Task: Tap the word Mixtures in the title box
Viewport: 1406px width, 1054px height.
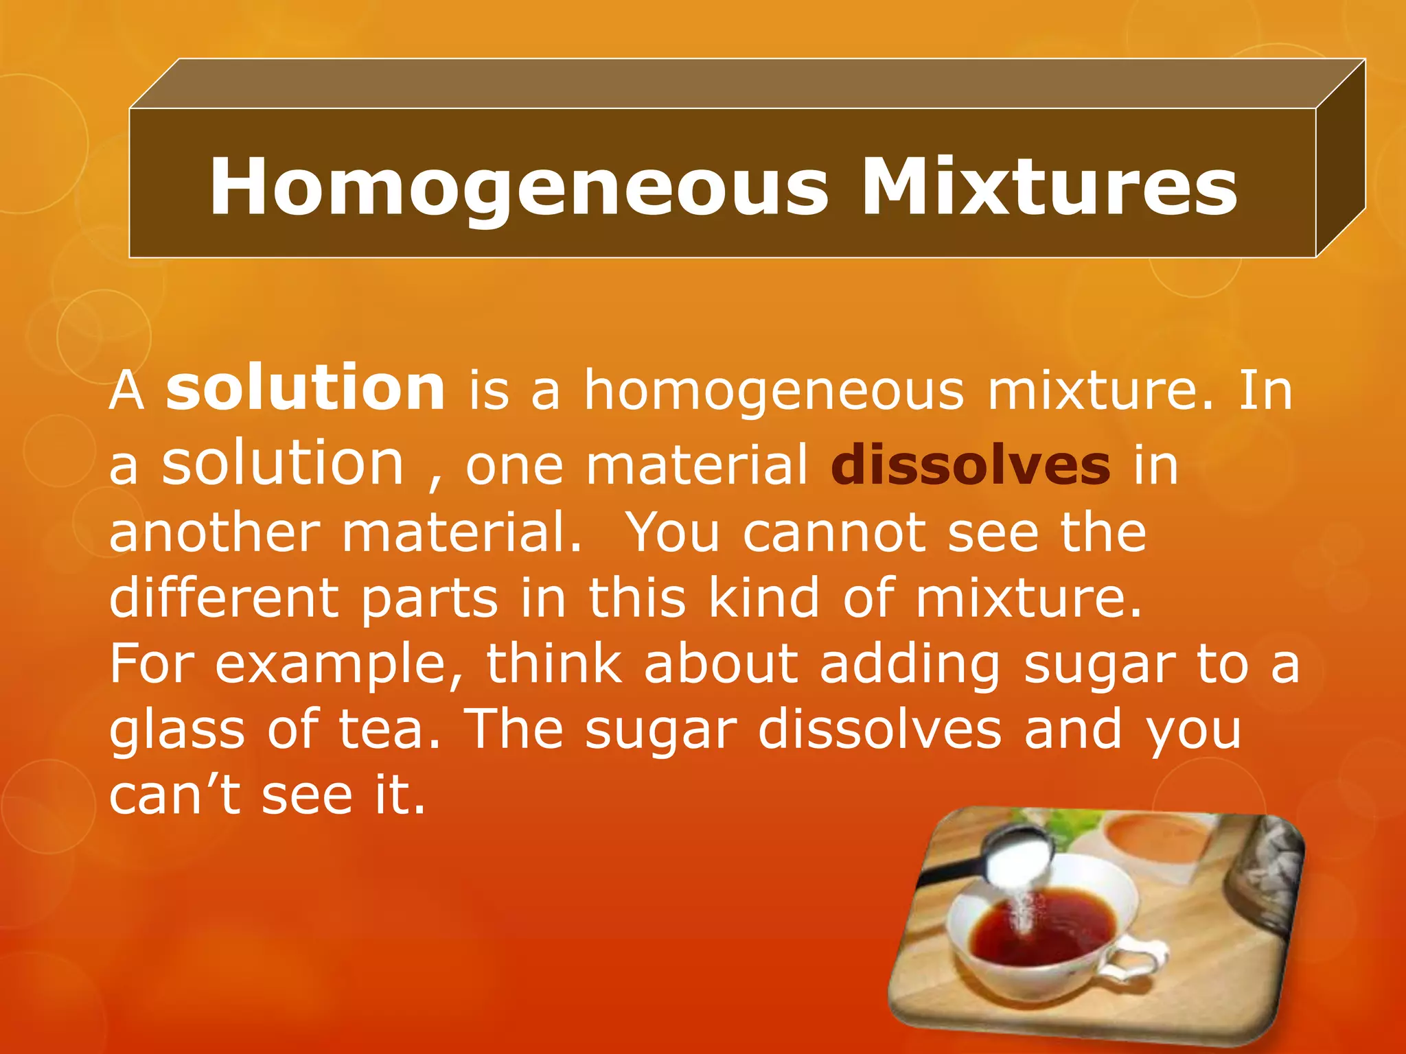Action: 1050,187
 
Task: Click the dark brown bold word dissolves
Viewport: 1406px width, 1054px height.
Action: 970,466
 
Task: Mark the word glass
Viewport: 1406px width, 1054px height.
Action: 177,730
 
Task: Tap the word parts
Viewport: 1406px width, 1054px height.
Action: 429,598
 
